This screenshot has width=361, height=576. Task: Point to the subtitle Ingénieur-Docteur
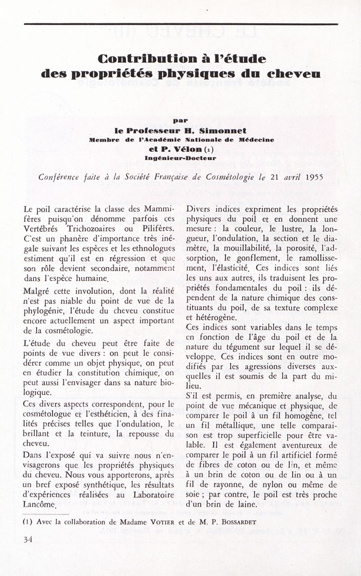point(180,158)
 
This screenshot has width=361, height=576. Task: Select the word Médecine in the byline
point(256,140)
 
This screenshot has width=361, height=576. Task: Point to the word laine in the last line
point(245,504)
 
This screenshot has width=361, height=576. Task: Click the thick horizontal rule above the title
point(180,23)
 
